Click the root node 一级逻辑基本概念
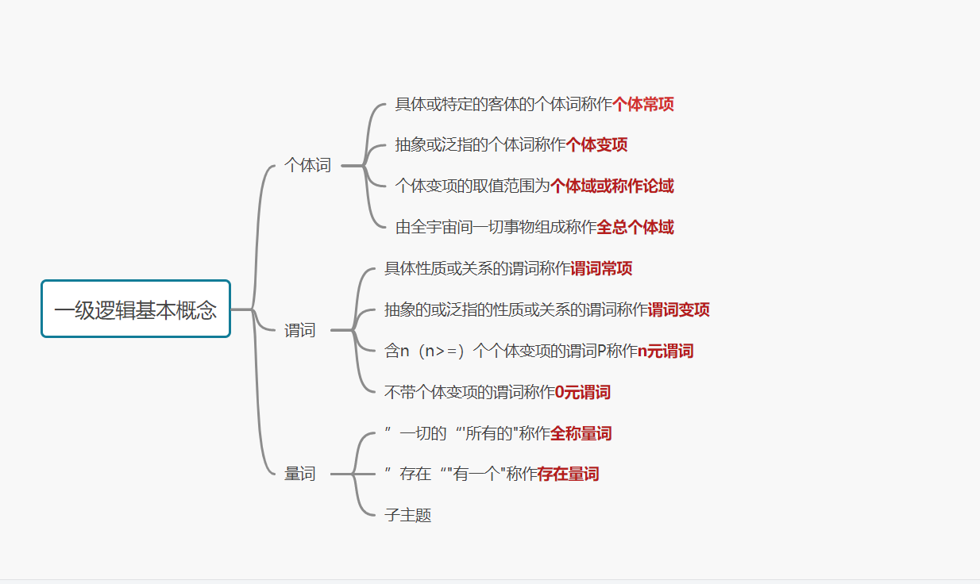point(136,309)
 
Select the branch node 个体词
point(307,166)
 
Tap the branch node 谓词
point(300,330)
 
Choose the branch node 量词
point(300,474)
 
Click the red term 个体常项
point(643,104)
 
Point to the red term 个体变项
point(596,145)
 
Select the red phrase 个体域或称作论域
point(612,186)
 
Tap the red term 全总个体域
point(635,228)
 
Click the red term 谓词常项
point(601,269)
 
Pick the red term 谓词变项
point(679,310)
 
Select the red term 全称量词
point(581,434)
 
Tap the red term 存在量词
point(569,474)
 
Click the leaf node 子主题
point(407,516)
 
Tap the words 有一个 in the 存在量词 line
point(477,474)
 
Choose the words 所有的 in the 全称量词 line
point(488,434)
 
